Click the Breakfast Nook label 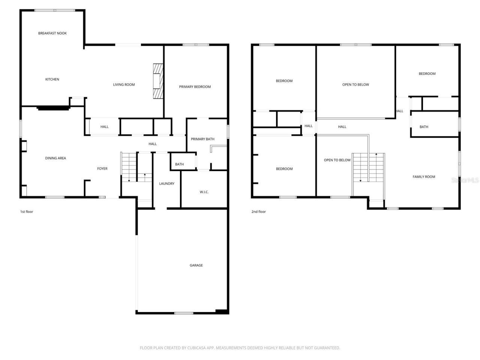coord(52,33)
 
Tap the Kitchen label coord(52,79)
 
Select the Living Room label coord(124,85)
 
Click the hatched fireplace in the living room coord(158,81)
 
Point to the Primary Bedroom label coord(195,87)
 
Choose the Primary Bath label coord(202,139)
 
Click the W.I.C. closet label coord(204,192)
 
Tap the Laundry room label coord(166,184)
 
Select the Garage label coord(196,265)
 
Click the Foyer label coord(102,169)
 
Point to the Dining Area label coord(55,158)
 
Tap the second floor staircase coord(368,168)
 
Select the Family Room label coord(424,177)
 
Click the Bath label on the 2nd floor coord(424,127)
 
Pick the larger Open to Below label coord(355,85)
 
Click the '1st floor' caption coord(27,212)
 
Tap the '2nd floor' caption coord(258,212)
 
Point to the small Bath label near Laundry coord(179,164)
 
